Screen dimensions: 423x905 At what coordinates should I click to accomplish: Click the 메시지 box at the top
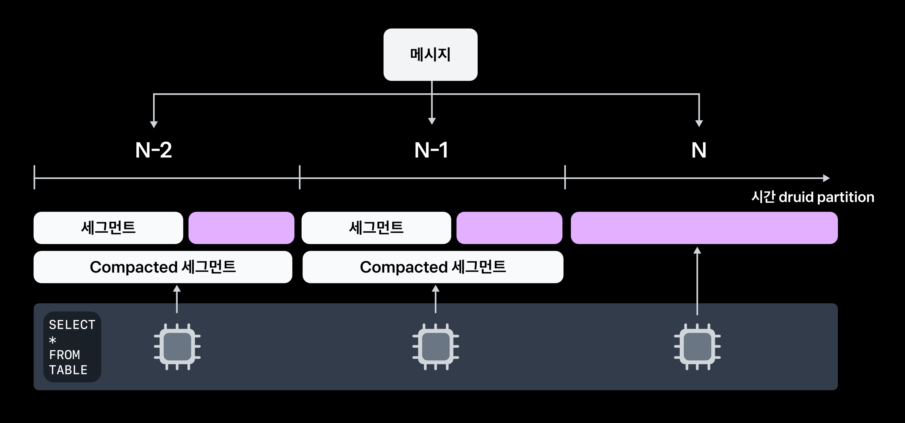430,54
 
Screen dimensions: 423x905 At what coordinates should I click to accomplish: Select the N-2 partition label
154,150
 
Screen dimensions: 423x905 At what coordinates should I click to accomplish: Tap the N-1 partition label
431,150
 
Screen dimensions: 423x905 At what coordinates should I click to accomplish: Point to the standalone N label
699,150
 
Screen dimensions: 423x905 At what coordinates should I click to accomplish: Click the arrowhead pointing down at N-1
432,121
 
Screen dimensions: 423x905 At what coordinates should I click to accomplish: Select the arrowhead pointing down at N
699,123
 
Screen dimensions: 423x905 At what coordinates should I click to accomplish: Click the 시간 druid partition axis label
812,197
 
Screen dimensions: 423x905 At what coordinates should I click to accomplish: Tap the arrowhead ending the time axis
826,178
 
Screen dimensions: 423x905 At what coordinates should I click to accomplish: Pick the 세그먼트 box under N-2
108,228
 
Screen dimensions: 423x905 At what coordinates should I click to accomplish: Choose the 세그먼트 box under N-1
376,228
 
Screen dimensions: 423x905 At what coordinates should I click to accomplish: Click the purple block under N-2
241,228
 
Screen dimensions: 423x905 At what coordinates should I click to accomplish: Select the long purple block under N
704,228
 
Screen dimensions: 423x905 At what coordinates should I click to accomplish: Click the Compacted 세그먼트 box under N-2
163,267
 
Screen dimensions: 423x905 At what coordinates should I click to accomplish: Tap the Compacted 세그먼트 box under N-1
433,267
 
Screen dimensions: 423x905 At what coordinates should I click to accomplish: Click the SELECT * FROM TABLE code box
72,347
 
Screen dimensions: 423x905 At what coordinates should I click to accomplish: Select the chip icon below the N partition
697,347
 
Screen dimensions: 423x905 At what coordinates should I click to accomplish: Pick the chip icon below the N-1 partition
435,347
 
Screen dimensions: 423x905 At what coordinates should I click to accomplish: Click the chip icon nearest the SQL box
177,347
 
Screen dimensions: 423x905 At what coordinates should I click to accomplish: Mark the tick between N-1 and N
565,177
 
